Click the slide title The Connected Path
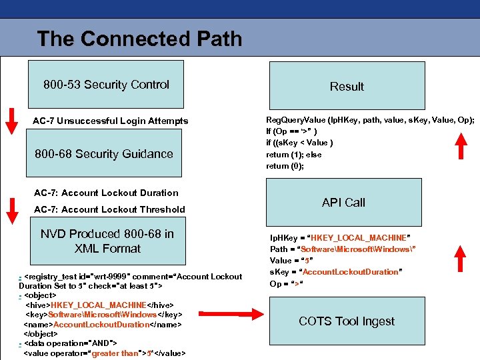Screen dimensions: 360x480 139,39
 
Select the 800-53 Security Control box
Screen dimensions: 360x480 107,85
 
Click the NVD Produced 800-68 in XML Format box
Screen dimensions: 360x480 107,241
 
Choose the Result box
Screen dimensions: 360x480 346,86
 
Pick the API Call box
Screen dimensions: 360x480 343,203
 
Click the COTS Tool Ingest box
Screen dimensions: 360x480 346,321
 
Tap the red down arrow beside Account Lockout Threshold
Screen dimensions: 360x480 11,209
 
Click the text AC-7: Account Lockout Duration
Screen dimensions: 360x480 106,193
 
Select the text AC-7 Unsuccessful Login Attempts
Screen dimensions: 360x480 111,121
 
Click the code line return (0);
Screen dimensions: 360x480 285,166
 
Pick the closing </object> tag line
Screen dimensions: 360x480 41,333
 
